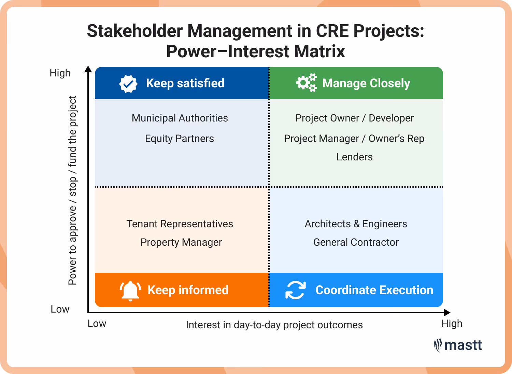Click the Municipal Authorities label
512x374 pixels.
pyautogui.click(x=180, y=118)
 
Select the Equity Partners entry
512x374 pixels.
pyautogui.click(x=179, y=139)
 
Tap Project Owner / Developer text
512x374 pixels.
pyautogui.click(x=354, y=118)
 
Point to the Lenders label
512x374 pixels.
pyautogui.click(x=354, y=157)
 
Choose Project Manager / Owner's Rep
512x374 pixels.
pyautogui.click(x=354, y=139)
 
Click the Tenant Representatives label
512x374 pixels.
pyautogui.click(x=180, y=224)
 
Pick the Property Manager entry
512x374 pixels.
pyautogui.click(x=181, y=242)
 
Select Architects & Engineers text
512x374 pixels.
pyautogui.click(x=356, y=224)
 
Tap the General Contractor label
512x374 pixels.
pyautogui.click(x=356, y=242)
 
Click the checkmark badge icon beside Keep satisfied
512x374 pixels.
pyautogui.click(x=128, y=84)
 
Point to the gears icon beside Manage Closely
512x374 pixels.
pyautogui.click(x=306, y=83)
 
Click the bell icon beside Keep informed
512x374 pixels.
pyautogui.click(x=130, y=291)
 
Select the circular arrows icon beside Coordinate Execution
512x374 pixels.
pyautogui.click(x=295, y=290)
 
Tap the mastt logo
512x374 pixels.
pyautogui.click(x=458, y=345)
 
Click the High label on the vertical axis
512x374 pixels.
pyautogui.click(x=60, y=73)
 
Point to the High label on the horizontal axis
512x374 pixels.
pyautogui.click(x=452, y=323)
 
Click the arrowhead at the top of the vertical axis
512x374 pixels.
pyautogui.click(x=88, y=69)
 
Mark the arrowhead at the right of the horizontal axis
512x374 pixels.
pyautogui.click(x=447, y=312)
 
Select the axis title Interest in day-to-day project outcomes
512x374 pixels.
pyautogui.click(x=274, y=325)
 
